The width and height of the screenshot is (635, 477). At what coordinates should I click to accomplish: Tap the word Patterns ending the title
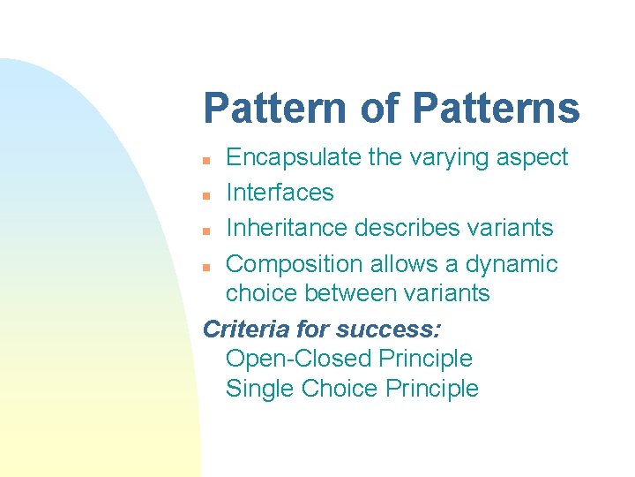tap(496, 109)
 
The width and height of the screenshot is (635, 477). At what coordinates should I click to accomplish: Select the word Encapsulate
tap(294, 158)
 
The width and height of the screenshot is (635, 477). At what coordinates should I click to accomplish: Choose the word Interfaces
tap(280, 193)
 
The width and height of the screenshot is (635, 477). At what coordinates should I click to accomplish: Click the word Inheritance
tap(287, 228)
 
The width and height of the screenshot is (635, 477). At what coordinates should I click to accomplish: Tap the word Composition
tap(295, 264)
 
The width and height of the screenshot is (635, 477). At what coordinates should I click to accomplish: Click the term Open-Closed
tap(298, 359)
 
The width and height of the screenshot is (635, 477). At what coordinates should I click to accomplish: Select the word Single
tap(260, 389)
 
